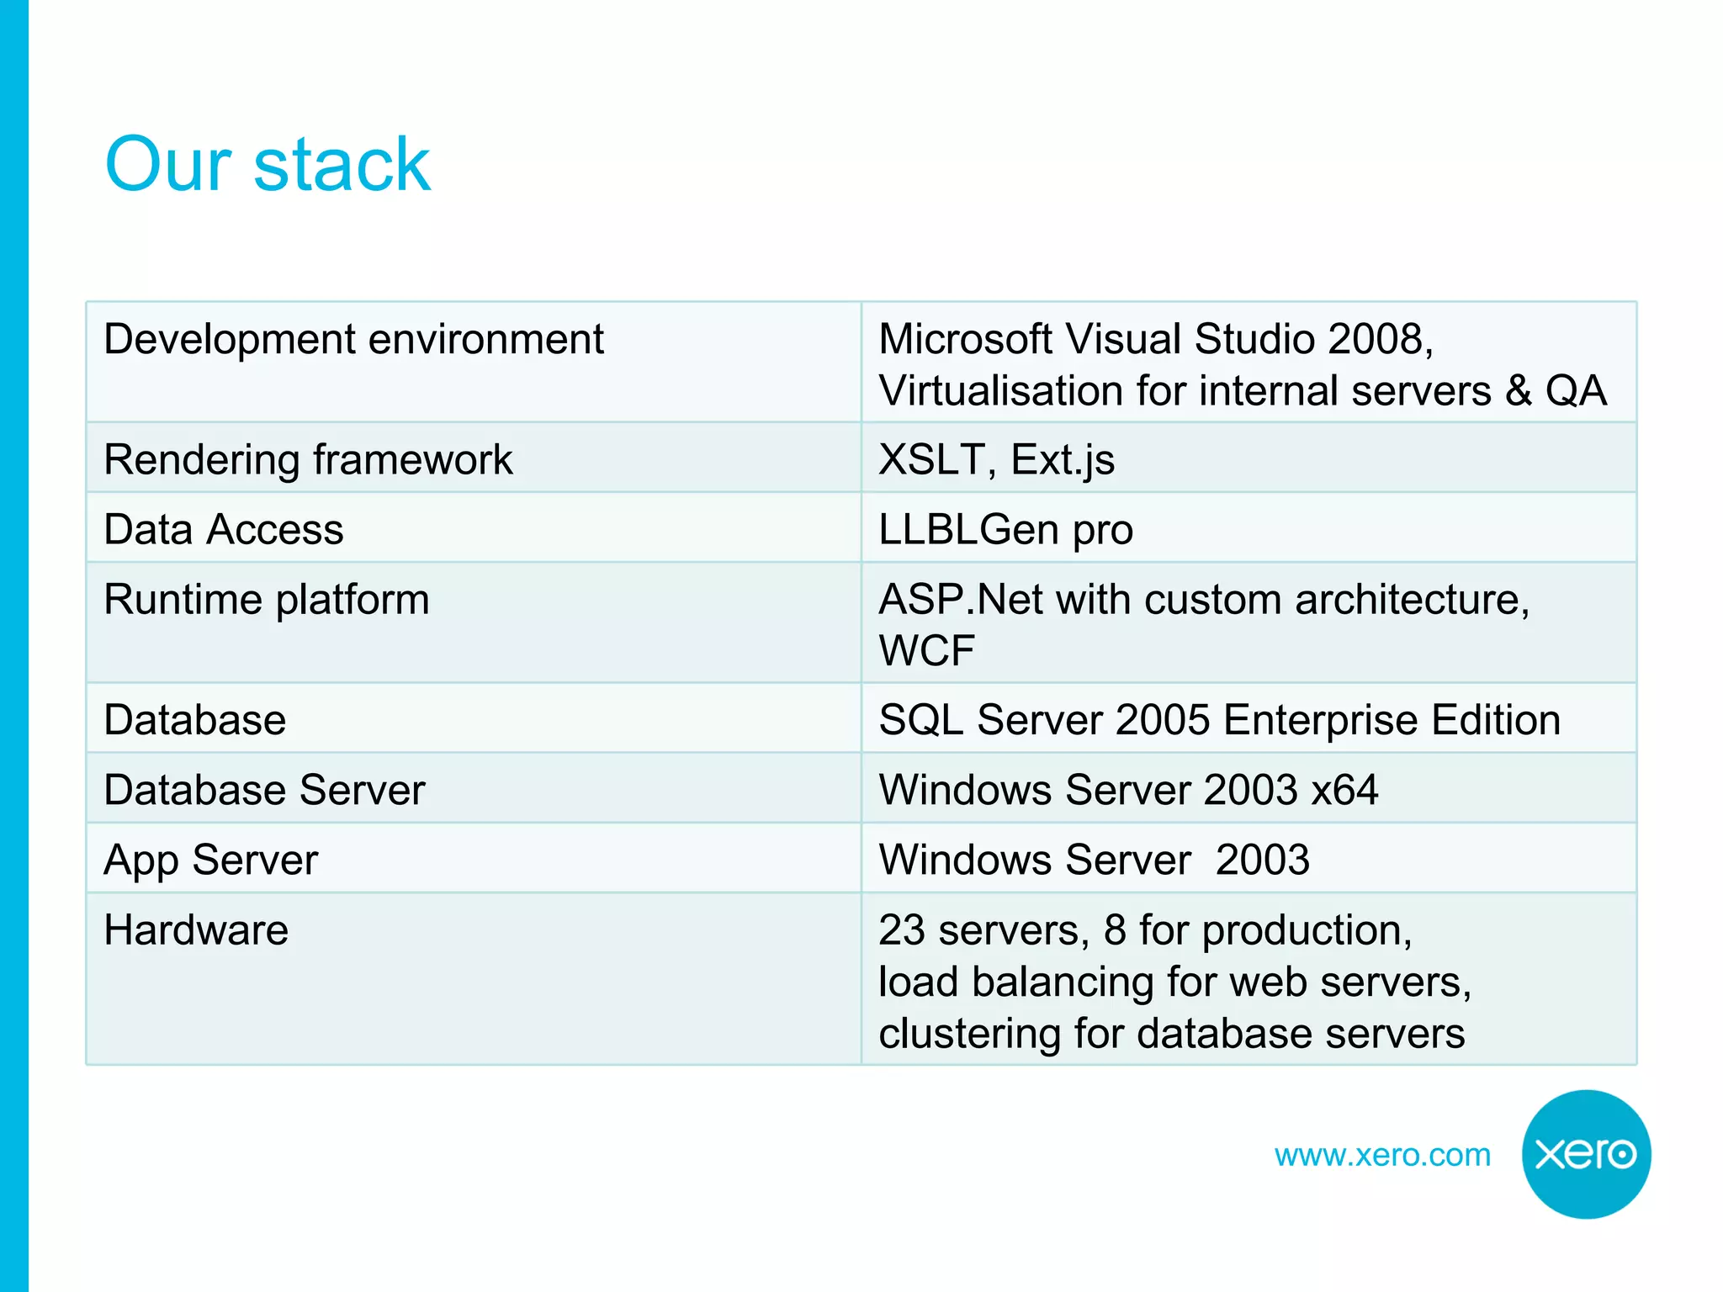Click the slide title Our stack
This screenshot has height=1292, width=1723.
pos(267,164)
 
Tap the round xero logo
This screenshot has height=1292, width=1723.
pos(1585,1153)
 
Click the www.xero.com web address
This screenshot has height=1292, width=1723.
pos(1381,1155)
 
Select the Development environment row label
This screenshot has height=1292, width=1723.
pos(353,340)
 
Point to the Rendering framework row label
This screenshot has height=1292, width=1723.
pos(308,460)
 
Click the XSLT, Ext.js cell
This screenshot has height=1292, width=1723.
pos(996,460)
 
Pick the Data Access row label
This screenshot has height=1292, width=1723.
pos(224,530)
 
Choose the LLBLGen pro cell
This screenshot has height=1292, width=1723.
pos(1005,530)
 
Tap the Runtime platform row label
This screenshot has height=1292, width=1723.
pos(266,600)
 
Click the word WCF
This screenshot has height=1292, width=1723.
pos(926,650)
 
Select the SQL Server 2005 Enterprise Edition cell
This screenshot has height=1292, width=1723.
pos(1219,720)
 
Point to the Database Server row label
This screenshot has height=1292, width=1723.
pos(264,790)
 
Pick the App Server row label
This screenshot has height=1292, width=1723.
pos(210,860)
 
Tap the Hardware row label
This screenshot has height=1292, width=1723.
pos(196,930)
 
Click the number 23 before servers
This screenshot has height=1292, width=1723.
pos(901,930)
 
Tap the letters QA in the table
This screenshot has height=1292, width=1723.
pos(1575,391)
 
